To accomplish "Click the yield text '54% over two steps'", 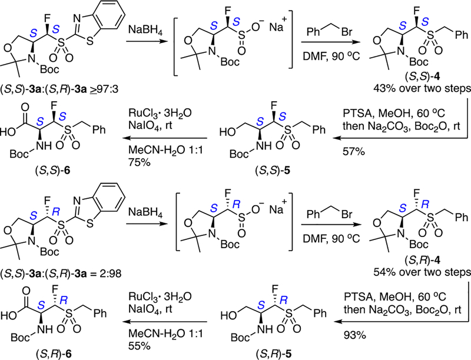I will [422, 274].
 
